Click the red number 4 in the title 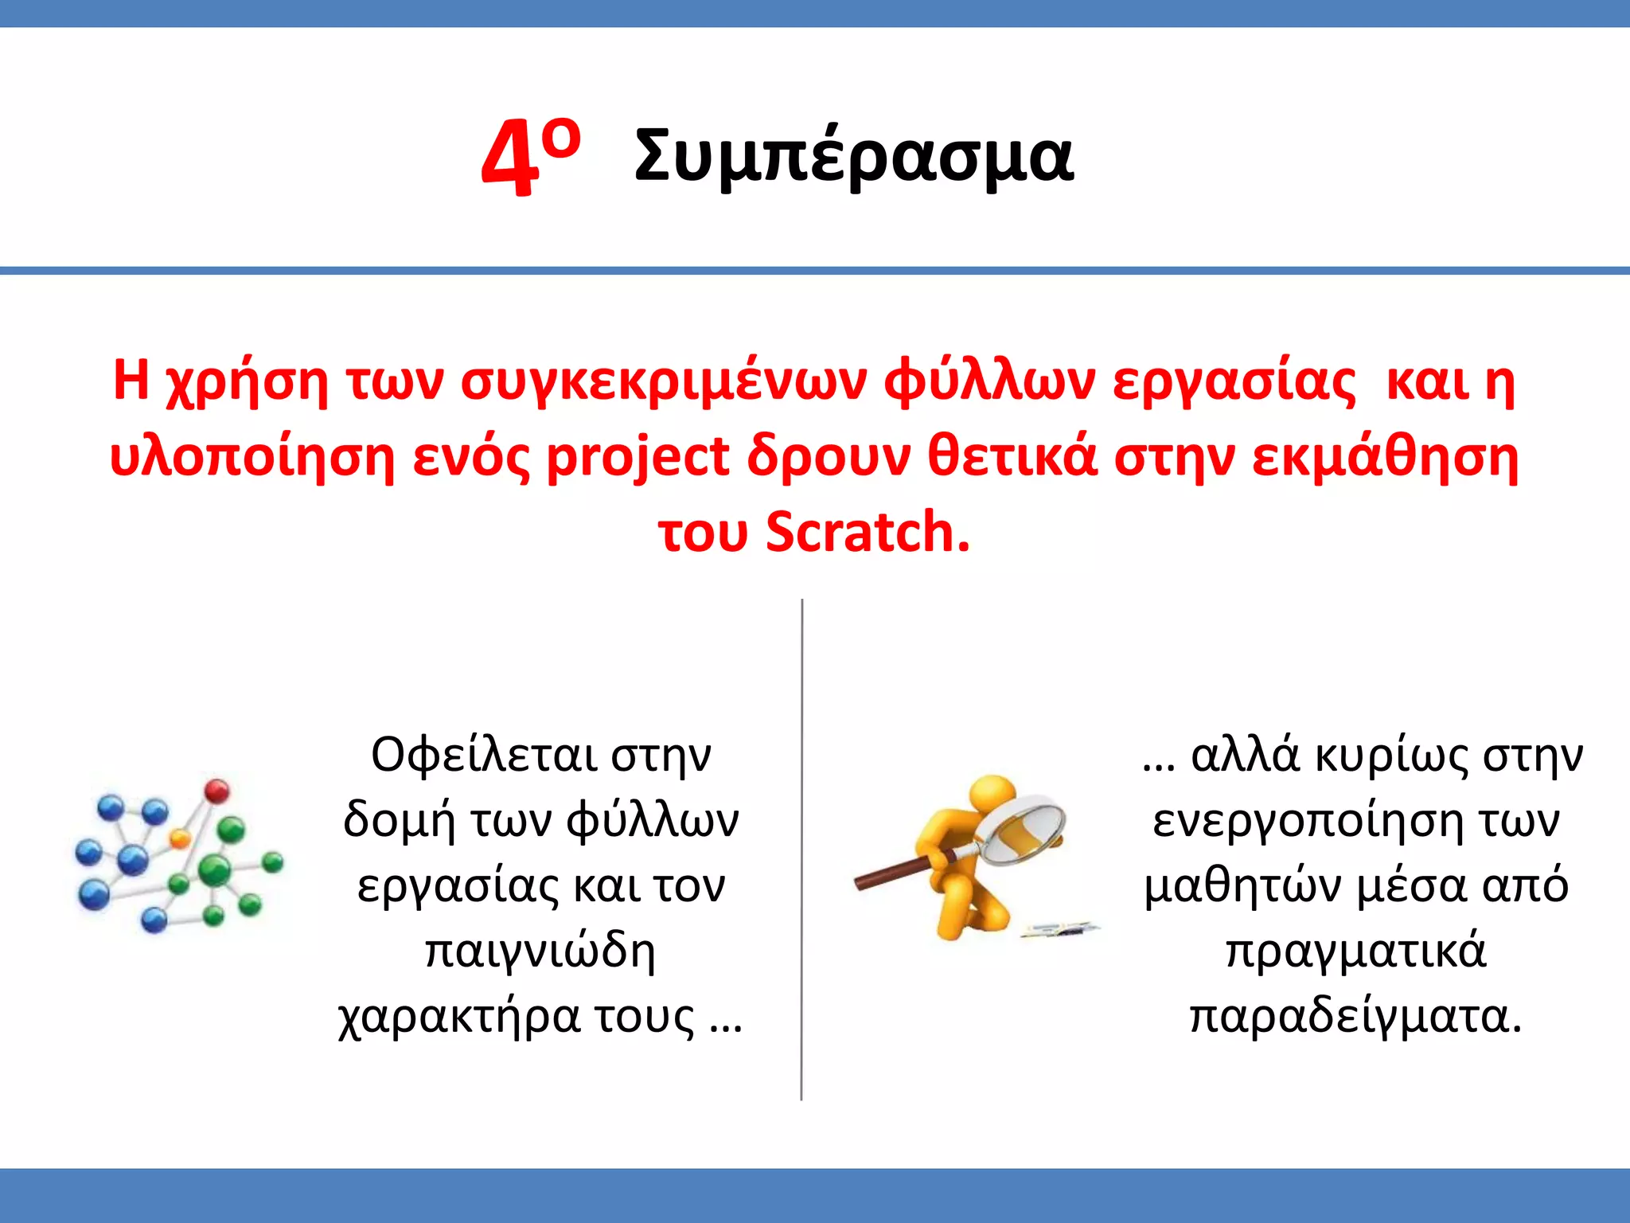(508, 159)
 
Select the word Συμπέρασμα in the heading (854, 156)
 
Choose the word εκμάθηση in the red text (1385, 459)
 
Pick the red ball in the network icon (216, 791)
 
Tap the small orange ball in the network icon (181, 838)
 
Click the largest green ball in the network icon (213, 869)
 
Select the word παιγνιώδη (540, 951)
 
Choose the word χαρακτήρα (459, 1018)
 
